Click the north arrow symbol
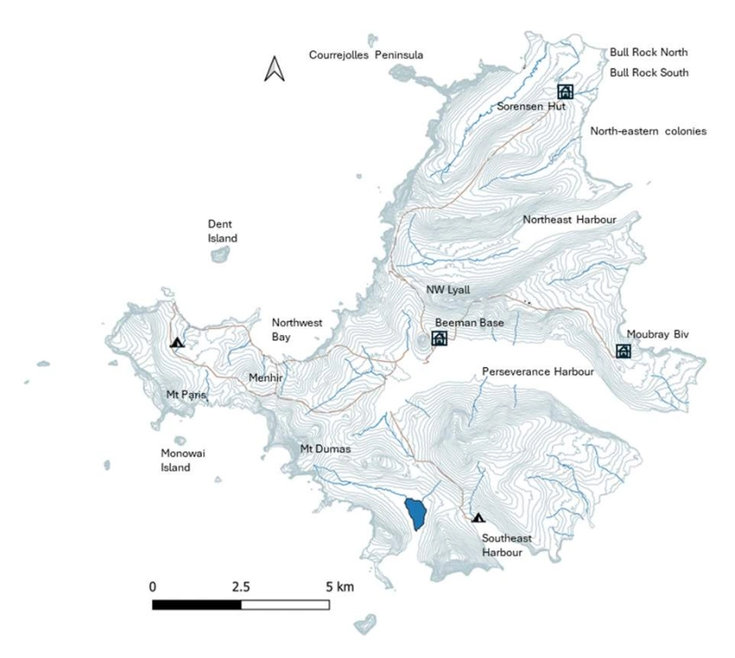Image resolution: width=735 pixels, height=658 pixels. point(275,69)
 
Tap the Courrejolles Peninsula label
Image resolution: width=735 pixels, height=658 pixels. point(366,55)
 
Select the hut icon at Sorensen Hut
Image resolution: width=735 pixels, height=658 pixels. point(565,92)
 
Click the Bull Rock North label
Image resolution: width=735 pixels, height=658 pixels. point(648,52)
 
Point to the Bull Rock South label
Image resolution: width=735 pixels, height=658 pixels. point(648,73)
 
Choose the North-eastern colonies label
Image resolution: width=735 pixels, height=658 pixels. point(648,131)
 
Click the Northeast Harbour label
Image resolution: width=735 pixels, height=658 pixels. point(568,220)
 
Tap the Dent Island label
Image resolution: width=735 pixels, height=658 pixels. point(222,231)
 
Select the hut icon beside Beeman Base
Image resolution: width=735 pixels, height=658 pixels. point(440,339)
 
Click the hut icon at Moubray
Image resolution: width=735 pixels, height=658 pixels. point(623,351)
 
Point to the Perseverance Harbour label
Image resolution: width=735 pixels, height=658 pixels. point(537,372)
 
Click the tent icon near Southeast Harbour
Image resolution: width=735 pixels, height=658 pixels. point(478,517)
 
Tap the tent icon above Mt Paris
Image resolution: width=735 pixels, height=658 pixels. point(177,342)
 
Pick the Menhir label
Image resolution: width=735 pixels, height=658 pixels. point(265,378)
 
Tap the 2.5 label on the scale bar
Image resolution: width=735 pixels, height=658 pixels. point(241,586)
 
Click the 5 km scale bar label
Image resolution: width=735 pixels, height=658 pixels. point(340,586)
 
